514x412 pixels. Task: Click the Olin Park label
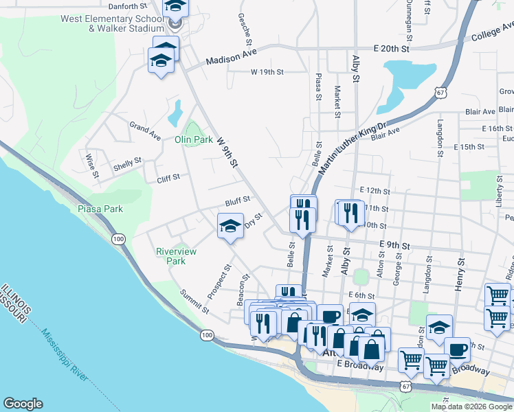(193, 139)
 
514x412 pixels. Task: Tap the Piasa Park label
(100, 209)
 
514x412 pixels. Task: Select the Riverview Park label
(176, 256)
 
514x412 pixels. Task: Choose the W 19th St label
(269, 71)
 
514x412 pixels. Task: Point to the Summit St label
(194, 301)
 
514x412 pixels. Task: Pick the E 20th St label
(391, 49)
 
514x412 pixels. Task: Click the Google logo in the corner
(23, 404)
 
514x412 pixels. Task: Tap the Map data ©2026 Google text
(471, 407)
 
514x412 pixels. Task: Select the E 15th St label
(469, 147)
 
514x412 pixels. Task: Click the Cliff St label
(168, 177)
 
